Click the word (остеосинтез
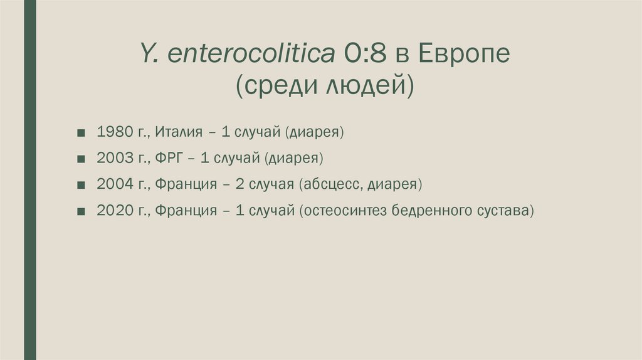(x=343, y=211)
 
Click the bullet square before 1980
(x=82, y=133)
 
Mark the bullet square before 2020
(x=82, y=211)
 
